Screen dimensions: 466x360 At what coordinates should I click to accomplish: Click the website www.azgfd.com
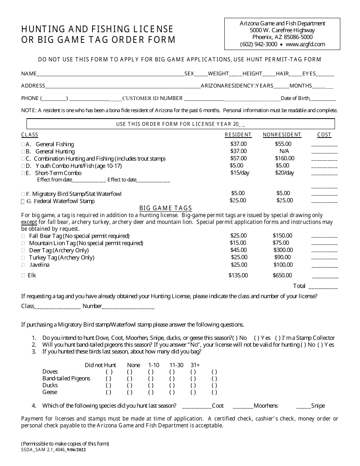click(x=305, y=44)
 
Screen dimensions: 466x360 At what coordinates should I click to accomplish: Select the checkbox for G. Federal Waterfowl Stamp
click(x=23, y=201)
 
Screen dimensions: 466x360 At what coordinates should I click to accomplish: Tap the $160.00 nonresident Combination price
click(x=285, y=158)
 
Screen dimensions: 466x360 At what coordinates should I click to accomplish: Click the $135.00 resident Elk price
click(x=238, y=275)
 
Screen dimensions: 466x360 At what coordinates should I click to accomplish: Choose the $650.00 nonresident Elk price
click(x=282, y=275)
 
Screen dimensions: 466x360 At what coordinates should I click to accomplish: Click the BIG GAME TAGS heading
click(x=166, y=208)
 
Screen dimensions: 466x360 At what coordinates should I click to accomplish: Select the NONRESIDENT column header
click(x=282, y=134)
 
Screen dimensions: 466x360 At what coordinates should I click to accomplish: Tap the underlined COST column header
click(x=324, y=134)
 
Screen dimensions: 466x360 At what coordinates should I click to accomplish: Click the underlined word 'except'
click(x=29, y=222)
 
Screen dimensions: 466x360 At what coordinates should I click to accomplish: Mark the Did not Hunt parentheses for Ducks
click(x=109, y=385)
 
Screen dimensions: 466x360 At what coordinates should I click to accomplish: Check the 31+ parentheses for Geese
click(x=193, y=392)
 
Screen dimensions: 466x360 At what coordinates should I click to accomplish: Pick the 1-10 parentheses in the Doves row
click(x=151, y=372)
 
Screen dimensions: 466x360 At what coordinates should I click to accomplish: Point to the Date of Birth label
click(x=295, y=98)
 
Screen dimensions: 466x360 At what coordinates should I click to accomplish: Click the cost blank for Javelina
click(x=324, y=266)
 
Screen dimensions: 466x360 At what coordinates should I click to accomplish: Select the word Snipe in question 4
click(x=318, y=406)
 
